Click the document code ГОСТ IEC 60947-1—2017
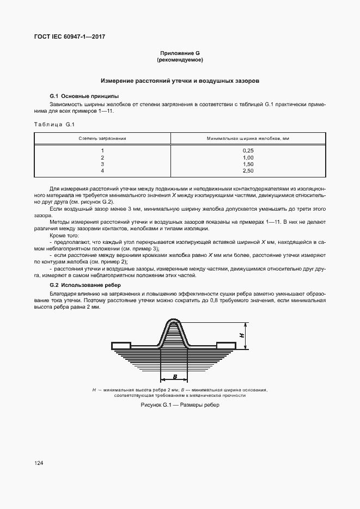coord(70,37)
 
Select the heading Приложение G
coord(180,53)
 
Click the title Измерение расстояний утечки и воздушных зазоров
coord(180,81)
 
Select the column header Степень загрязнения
coord(102,139)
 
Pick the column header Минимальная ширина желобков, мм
coord(248,139)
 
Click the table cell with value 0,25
coord(248,150)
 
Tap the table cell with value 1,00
coord(248,157)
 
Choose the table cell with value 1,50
coord(248,164)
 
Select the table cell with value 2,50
coord(248,171)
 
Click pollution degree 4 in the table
coord(102,171)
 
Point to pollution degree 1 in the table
coord(102,150)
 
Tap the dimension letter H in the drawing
coord(241,335)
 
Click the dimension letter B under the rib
coord(174,376)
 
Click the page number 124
coord(39,463)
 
